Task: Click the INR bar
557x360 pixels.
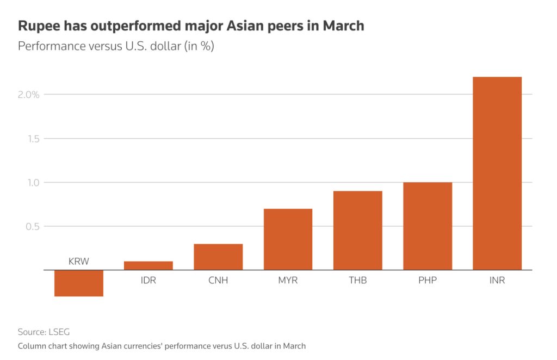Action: (497, 173)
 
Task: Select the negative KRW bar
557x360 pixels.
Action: (79, 283)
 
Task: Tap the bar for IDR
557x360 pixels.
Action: (148, 265)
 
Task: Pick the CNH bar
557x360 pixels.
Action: (218, 257)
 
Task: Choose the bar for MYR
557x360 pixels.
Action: (288, 239)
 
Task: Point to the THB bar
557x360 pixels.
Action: (358, 230)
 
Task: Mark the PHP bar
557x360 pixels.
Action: (428, 226)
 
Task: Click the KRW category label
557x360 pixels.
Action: (79, 262)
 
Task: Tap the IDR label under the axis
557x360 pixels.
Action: (148, 281)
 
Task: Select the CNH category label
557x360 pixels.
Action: (218, 281)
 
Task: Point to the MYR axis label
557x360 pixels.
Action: (288, 281)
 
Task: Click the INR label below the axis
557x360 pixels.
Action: (497, 281)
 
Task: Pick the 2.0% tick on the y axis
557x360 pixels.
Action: (28, 95)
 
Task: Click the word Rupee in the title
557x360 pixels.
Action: (38, 26)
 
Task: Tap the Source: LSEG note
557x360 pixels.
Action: (44, 331)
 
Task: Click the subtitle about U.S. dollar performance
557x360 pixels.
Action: (116, 46)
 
